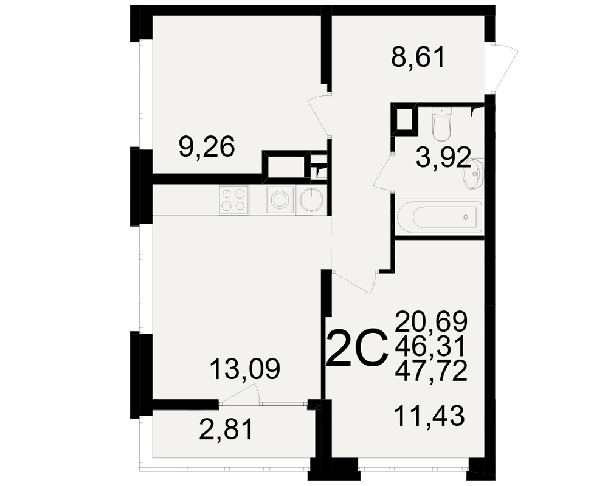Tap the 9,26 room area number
coord(207,146)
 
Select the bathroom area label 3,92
coord(443,157)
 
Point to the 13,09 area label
coord(244,369)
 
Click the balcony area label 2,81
coord(226,429)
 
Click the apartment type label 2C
coord(357,347)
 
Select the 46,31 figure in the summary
coord(429,346)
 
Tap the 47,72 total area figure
coord(431,371)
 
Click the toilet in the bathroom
coord(442,124)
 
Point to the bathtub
coord(440,217)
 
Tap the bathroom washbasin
coord(473,174)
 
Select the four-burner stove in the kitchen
coord(233,200)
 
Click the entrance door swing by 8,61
coord(503,69)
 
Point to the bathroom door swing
coord(384,172)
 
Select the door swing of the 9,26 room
coord(319,115)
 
